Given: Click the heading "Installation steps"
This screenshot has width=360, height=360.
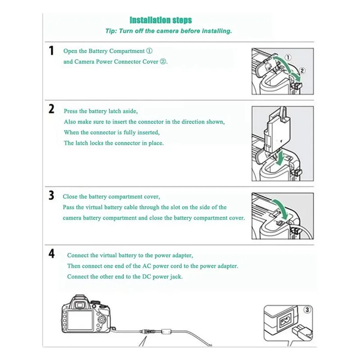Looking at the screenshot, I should [161, 20].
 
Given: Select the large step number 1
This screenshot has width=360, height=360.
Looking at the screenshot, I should [52, 50].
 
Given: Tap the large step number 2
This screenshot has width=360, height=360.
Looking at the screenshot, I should [52, 109].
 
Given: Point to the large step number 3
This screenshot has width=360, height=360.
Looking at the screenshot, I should [52, 195].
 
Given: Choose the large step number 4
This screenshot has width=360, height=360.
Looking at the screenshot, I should [52, 254].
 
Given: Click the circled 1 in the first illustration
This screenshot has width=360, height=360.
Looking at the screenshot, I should [288, 58].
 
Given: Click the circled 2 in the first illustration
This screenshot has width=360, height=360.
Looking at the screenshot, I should [302, 71].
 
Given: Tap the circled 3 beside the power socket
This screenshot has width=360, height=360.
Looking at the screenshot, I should [307, 310].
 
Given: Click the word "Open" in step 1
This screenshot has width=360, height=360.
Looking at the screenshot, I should [70, 51].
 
